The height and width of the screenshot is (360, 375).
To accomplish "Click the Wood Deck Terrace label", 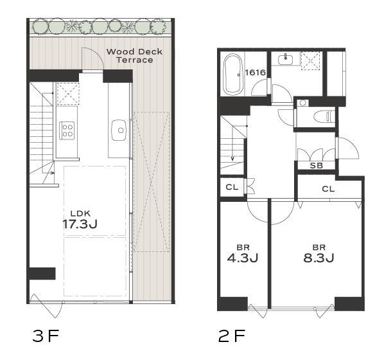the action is (x=134, y=55).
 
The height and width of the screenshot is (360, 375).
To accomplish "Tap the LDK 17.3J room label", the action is (x=80, y=220).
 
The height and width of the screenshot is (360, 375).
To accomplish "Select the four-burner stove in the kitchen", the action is (x=67, y=130).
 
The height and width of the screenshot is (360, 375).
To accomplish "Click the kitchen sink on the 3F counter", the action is (x=119, y=130).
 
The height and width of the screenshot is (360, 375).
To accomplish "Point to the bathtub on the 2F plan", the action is (x=233, y=74).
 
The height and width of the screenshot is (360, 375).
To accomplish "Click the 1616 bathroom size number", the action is (x=256, y=72).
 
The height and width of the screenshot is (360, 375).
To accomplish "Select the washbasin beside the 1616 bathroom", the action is (x=285, y=59).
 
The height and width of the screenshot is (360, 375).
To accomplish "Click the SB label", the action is (x=316, y=165).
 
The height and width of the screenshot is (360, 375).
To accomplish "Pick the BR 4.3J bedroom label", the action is (x=243, y=254).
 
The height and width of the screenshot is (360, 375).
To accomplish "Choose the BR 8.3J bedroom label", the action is (x=318, y=254).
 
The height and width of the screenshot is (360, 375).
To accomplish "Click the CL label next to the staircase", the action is (x=232, y=187).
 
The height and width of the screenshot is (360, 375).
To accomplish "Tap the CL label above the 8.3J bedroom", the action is (x=328, y=189).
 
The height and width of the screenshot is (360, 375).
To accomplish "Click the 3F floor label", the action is (x=46, y=336).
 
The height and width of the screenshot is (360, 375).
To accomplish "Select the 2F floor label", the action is (x=232, y=336).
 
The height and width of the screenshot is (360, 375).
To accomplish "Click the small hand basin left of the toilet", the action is (x=303, y=103).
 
